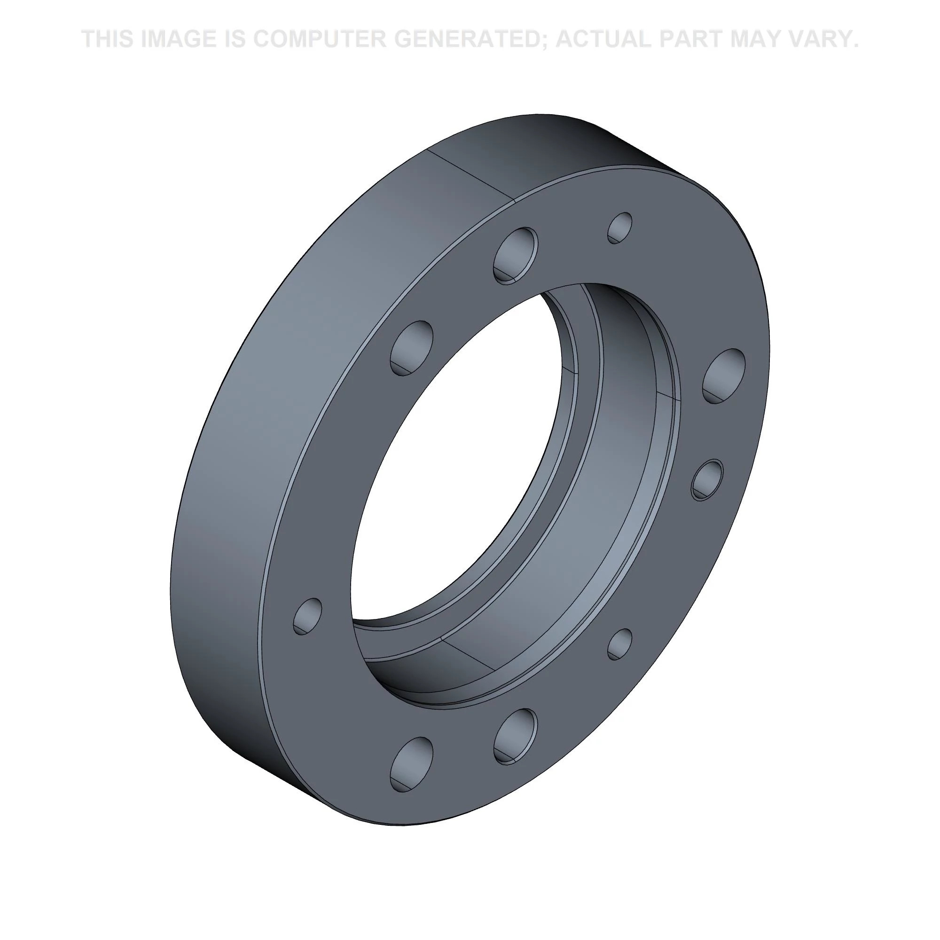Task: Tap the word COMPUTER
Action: [x=317, y=39]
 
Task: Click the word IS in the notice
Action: [x=235, y=39]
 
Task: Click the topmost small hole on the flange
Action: [x=620, y=227]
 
